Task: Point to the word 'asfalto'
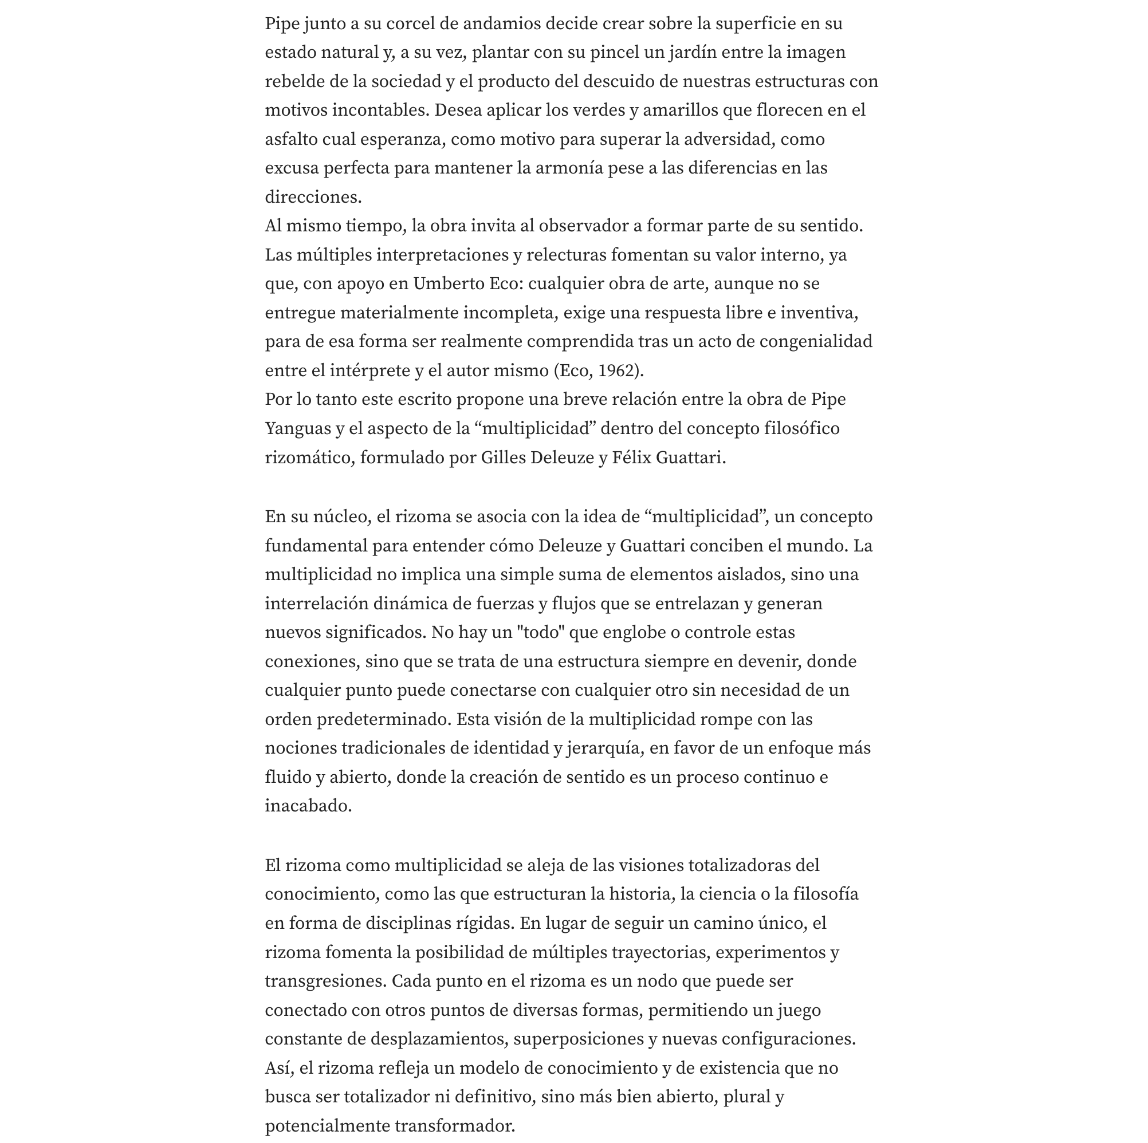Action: pos(291,140)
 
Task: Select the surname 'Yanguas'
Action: pos(298,429)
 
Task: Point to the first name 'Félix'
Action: pos(632,458)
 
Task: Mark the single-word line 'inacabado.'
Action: pos(308,806)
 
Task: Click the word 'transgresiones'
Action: pos(325,982)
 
